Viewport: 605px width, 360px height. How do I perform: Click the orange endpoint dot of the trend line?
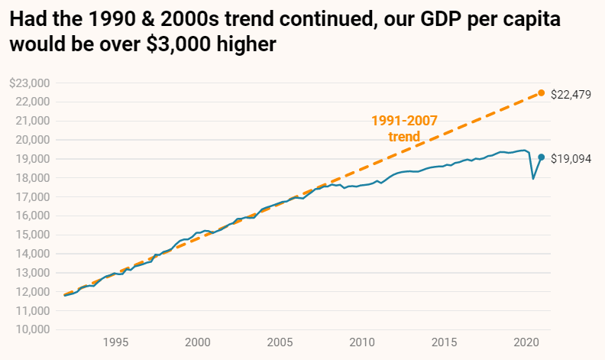542,92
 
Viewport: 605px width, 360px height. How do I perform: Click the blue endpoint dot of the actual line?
542,157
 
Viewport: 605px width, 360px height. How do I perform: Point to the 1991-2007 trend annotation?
404,128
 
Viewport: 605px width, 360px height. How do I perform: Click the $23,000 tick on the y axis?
29,83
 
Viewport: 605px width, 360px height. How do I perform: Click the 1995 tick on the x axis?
115,342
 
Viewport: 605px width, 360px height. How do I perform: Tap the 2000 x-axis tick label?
198,342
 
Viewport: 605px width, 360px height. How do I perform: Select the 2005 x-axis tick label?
280,342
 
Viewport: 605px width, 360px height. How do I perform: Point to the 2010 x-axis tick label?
362,342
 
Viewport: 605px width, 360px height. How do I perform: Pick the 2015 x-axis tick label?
444,342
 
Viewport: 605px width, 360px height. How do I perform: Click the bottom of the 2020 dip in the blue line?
532,179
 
